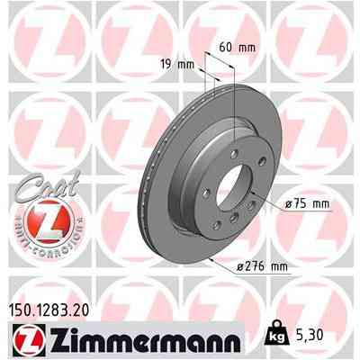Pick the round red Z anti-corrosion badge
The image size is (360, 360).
click(x=39, y=219)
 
